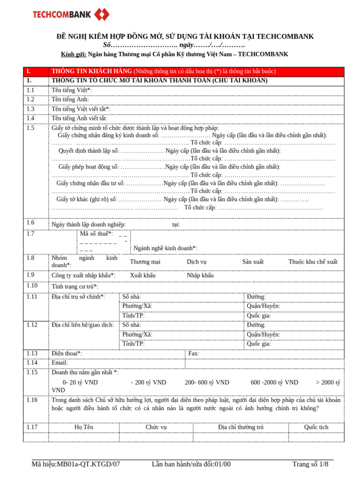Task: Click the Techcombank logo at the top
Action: pyautogui.click(x=70, y=15)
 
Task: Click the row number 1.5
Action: pyautogui.click(x=30, y=128)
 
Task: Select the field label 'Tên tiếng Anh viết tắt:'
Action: pyautogui.click(x=79, y=119)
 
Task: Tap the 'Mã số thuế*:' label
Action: pyautogui.click(x=96, y=233)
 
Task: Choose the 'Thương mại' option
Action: pyautogui.click(x=145, y=262)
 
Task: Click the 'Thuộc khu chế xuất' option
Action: pyautogui.click(x=313, y=262)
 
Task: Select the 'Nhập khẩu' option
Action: pyautogui.click(x=200, y=276)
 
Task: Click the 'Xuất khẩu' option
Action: pyautogui.click(x=142, y=276)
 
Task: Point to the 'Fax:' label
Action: pyautogui.click(x=194, y=353)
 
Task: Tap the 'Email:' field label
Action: pyautogui.click(x=60, y=363)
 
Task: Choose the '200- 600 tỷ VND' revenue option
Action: pyautogui.click(x=207, y=382)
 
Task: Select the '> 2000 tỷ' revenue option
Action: pyautogui.click(x=328, y=382)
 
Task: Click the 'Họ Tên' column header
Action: pyautogui.click(x=84, y=427)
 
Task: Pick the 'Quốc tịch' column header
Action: pyautogui.click(x=316, y=427)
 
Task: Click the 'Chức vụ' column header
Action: pyautogui.click(x=156, y=427)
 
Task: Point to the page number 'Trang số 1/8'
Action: pyautogui.click(x=310, y=465)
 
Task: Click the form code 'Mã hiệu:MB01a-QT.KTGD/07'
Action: pyautogui.click(x=76, y=465)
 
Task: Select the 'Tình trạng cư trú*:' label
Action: pyautogui.click(x=75, y=286)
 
